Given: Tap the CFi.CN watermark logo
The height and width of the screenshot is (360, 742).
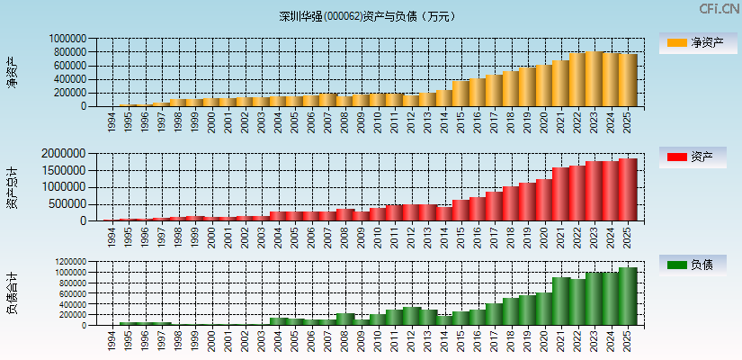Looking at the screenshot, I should [x=719, y=9].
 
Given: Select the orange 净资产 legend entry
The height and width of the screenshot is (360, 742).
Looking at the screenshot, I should [x=693, y=42].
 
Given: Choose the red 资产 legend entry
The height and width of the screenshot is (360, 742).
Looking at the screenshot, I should [x=693, y=157].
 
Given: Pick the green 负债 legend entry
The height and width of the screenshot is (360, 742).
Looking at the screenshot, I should [x=693, y=265].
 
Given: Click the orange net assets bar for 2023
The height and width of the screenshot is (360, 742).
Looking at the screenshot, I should [x=594, y=79].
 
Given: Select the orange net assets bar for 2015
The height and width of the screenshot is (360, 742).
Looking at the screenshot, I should [x=461, y=94].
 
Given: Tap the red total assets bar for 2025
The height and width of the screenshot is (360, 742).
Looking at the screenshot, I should [x=628, y=190].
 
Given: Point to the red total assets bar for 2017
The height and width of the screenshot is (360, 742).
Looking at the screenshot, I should [x=495, y=206].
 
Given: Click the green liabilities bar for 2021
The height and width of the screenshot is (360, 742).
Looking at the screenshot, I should [x=561, y=301].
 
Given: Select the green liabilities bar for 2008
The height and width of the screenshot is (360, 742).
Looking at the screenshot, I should [x=344, y=319].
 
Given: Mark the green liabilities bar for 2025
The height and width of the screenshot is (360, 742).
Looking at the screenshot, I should [x=628, y=296].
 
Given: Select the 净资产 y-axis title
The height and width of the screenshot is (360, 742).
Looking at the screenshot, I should [x=13, y=72].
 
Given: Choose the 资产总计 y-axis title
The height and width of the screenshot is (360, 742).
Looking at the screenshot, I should [x=13, y=187].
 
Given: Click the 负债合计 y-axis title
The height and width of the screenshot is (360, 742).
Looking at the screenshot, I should [x=13, y=294].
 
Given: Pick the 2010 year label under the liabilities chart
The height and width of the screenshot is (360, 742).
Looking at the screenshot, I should [x=378, y=340].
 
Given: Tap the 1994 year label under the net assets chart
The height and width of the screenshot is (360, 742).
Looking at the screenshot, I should [x=112, y=121].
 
